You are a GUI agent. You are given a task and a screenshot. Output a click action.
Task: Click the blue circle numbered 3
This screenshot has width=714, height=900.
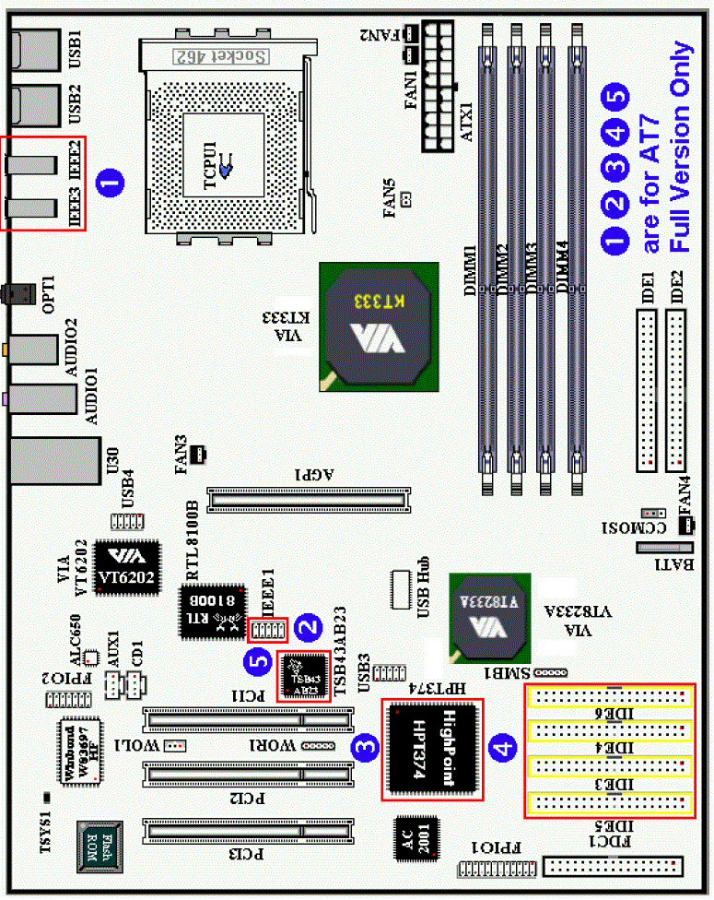[367, 750]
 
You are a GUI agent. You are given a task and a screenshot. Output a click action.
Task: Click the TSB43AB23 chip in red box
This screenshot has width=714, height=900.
[303, 677]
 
